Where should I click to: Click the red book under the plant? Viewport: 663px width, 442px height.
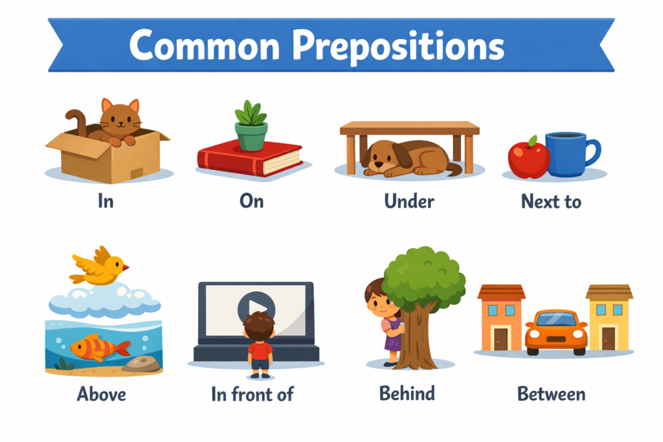(249, 158)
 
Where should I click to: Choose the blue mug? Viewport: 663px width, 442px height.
(568, 154)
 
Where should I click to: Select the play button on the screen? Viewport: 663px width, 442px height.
(256, 307)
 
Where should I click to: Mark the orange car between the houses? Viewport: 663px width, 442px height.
(556, 331)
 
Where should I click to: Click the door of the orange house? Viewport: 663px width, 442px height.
(501, 338)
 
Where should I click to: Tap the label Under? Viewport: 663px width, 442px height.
(409, 201)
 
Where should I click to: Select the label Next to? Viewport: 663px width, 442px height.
(551, 201)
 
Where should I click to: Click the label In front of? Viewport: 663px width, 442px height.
(253, 393)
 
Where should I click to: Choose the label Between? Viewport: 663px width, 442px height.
(551, 393)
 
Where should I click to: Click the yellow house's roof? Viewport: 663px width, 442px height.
(609, 292)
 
